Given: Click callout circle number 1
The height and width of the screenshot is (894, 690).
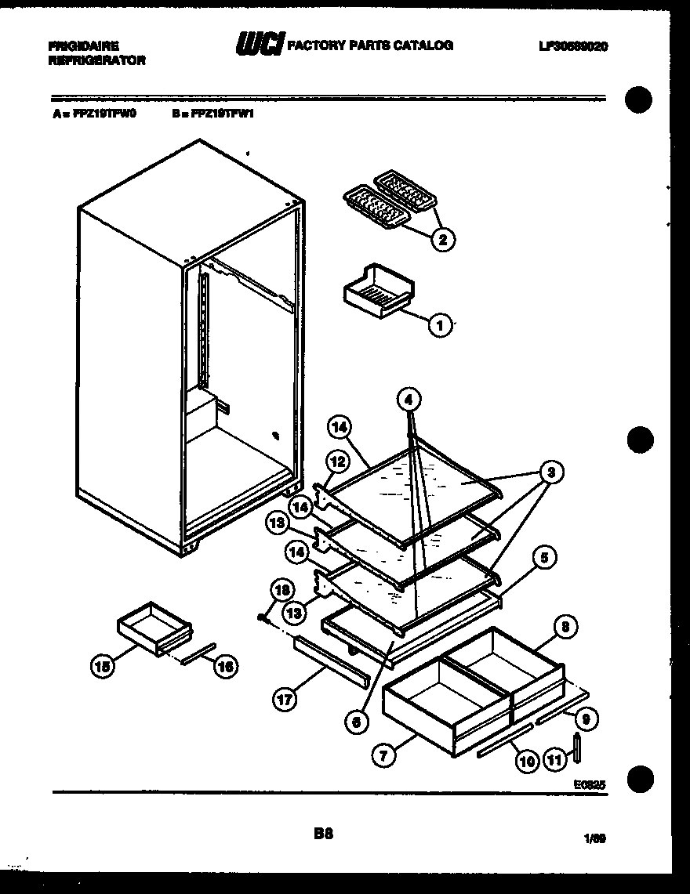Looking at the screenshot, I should click(x=441, y=324).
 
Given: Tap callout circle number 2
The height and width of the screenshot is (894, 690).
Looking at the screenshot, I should click(x=442, y=240).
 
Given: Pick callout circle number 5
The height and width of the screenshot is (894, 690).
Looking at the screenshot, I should click(x=543, y=558).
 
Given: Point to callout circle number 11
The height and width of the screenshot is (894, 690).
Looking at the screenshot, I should click(x=554, y=758).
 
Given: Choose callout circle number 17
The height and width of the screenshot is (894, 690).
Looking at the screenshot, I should click(x=286, y=700).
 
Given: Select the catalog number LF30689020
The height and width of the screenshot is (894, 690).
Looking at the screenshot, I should click(x=572, y=46).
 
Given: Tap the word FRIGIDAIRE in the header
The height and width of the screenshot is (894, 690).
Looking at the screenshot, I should click(x=77, y=47).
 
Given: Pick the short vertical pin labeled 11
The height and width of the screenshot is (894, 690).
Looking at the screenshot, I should click(x=577, y=747).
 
